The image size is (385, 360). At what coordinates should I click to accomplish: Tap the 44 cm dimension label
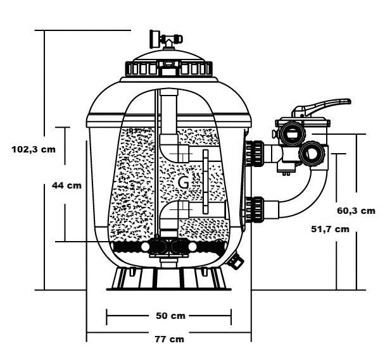(x=66, y=185)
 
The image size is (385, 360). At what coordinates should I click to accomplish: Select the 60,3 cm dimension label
(x=355, y=210)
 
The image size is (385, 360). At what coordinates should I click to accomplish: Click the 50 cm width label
(x=170, y=315)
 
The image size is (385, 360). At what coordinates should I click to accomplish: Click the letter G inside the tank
(x=183, y=182)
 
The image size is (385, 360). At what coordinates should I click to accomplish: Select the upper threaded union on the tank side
(x=257, y=152)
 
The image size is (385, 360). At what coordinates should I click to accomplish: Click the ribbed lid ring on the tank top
(x=170, y=67)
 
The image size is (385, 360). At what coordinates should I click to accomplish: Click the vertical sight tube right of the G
(x=205, y=181)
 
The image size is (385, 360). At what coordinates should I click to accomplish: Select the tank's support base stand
(x=170, y=278)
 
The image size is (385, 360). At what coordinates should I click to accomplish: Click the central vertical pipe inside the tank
(x=170, y=120)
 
